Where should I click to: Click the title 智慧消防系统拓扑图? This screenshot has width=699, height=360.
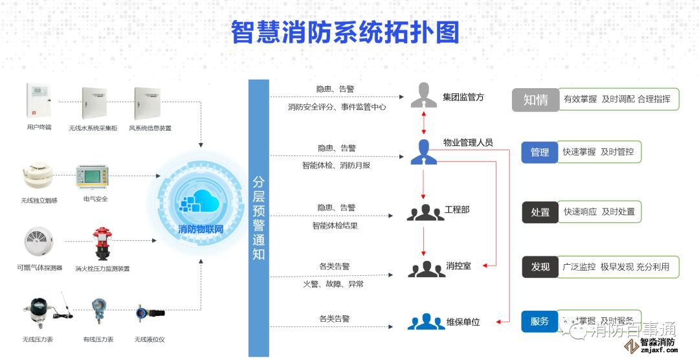[345, 32]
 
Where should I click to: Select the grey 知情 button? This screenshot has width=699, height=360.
[535, 100]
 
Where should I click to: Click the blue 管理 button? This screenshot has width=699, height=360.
[540, 152]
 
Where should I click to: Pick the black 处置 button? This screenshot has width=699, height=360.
[540, 212]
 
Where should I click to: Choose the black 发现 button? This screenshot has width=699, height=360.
[540, 267]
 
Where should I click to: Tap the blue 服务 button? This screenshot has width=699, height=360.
[539, 321]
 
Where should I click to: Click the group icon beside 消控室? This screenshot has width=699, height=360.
[426, 268]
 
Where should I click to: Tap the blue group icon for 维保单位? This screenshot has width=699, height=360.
[426, 321]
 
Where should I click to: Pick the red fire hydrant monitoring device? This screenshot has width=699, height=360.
[102, 243]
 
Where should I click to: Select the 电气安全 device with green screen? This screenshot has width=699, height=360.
[96, 177]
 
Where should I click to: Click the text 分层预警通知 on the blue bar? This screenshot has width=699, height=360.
[258, 218]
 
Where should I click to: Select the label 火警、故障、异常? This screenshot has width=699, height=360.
[333, 284]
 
